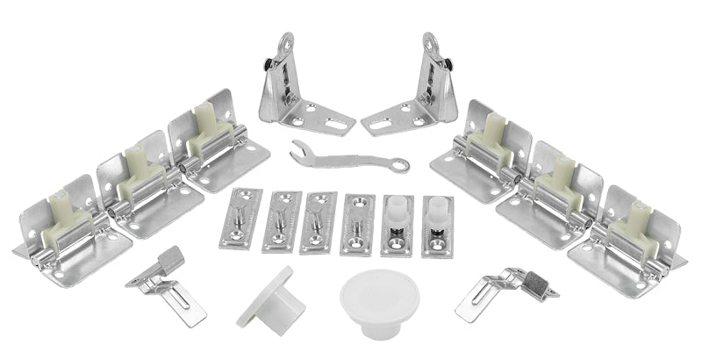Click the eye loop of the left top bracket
(284, 45)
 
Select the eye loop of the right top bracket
(431, 45)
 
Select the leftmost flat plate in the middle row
(240, 220)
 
